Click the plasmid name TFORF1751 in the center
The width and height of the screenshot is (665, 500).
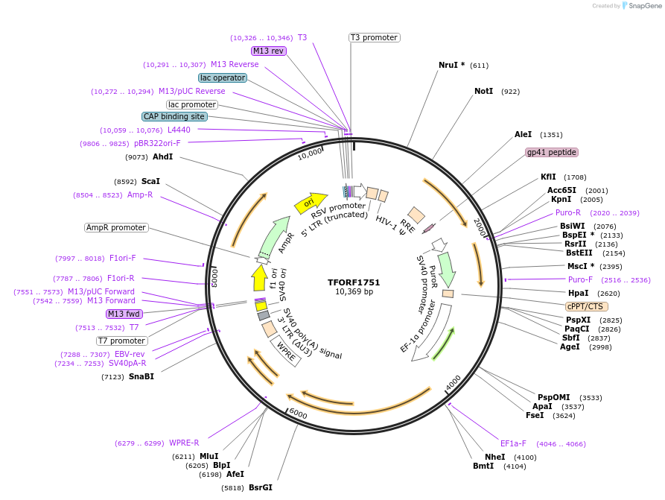pyautogui.click(x=354, y=282)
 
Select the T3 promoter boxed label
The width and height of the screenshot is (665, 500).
pyautogui.click(x=374, y=37)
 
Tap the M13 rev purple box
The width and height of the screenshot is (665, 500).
pyautogui.click(x=268, y=51)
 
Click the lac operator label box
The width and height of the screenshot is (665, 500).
pyautogui.click(x=223, y=77)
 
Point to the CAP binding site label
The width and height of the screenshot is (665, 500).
pyautogui.click(x=175, y=116)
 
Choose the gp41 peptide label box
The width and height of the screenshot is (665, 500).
pyautogui.click(x=551, y=152)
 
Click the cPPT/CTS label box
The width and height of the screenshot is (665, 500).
pyautogui.click(x=587, y=306)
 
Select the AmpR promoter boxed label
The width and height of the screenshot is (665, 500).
pyautogui.click(x=116, y=227)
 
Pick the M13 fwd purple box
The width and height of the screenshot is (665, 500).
pyautogui.click(x=124, y=314)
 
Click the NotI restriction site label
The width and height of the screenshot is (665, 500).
pyautogui.click(x=484, y=91)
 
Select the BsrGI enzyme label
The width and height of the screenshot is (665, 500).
pyautogui.click(x=261, y=487)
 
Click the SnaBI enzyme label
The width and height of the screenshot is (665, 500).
pyautogui.click(x=141, y=376)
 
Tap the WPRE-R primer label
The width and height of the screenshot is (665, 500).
pyautogui.click(x=184, y=443)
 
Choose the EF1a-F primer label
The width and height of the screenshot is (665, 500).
pyautogui.click(x=513, y=443)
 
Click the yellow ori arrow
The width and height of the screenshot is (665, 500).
pyautogui.click(x=310, y=202)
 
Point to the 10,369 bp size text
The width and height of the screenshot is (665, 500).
pyautogui.click(x=354, y=291)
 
